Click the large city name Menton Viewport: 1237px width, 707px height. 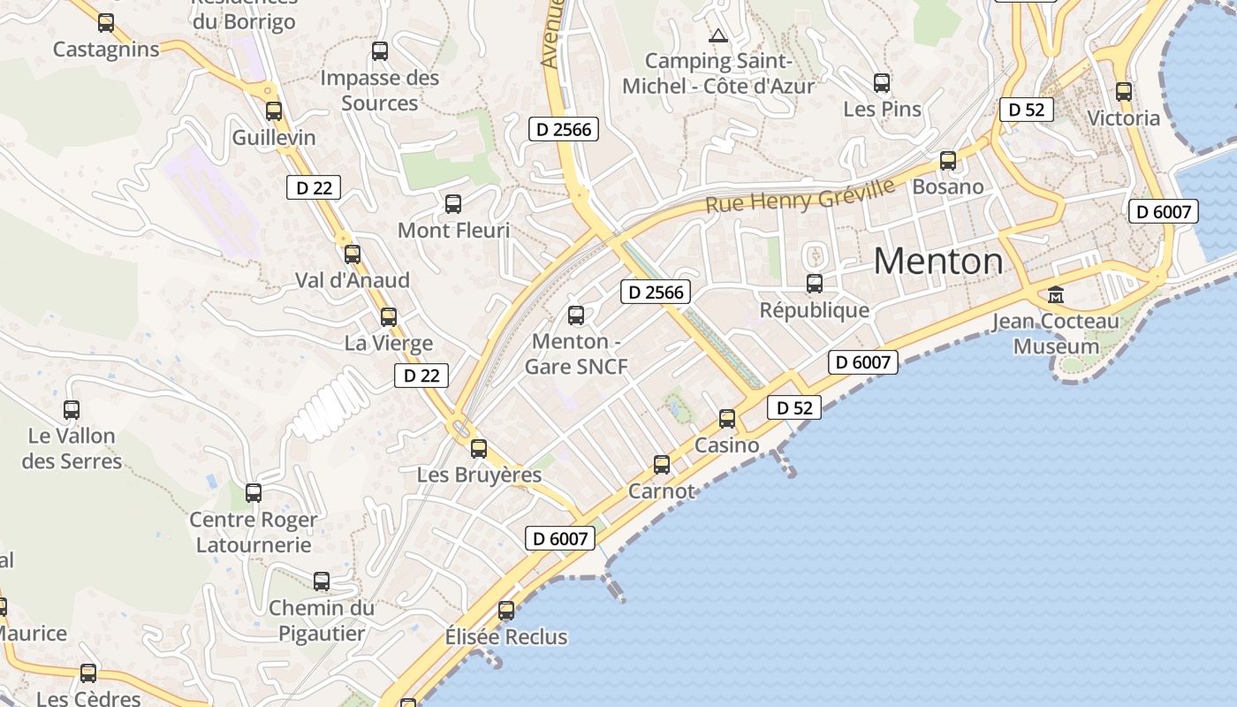click(938, 262)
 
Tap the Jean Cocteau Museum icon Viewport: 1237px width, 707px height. click(1055, 294)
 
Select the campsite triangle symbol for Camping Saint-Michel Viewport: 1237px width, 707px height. click(717, 36)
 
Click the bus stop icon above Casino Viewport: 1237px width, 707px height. click(727, 418)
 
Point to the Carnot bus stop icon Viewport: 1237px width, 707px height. click(662, 464)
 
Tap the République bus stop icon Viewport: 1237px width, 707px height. click(815, 284)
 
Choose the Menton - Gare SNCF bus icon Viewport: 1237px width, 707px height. click(576, 315)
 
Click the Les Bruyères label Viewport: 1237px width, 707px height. click(479, 475)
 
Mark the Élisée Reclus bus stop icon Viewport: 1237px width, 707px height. click(506, 610)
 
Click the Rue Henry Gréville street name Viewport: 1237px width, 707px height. click(801, 197)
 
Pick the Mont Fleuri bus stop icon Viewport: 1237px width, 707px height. click(453, 204)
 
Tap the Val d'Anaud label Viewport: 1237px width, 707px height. click(353, 280)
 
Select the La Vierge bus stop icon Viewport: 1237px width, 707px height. click(389, 317)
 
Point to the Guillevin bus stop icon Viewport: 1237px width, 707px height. click(274, 111)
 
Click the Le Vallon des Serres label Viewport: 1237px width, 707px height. click(72, 448)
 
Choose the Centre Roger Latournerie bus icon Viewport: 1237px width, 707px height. click(254, 493)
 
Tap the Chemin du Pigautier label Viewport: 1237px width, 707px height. click(322, 620)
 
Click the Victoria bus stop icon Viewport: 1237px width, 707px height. click(1124, 92)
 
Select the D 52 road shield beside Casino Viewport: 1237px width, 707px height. click(794, 407)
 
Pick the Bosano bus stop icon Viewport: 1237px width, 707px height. click(948, 161)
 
